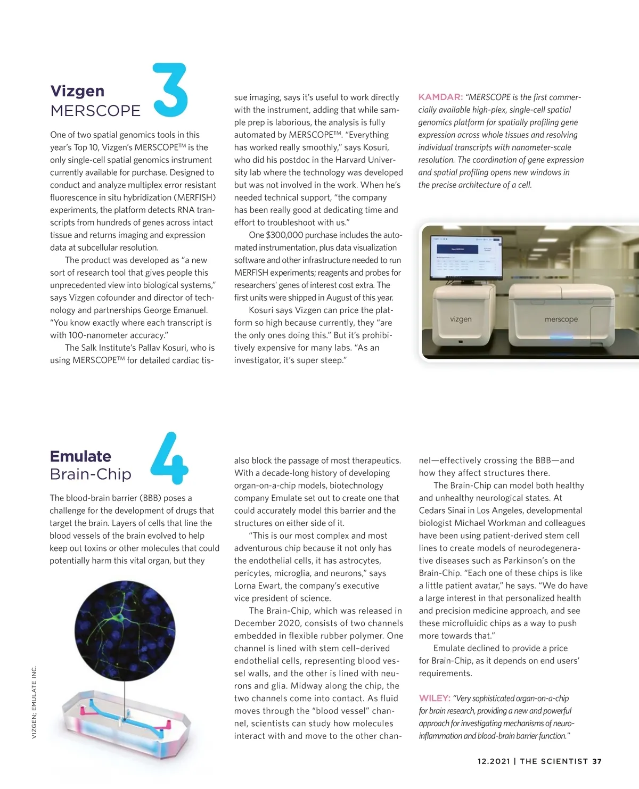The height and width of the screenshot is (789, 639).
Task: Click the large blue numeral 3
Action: click(170, 90)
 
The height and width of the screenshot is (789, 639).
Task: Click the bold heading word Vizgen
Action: click(77, 91)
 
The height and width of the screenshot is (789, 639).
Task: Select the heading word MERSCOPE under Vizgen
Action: click(95, 111)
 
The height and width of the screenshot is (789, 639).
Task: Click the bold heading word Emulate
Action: click(80, 456)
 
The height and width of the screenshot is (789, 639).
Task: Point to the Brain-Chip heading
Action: click(91, 474)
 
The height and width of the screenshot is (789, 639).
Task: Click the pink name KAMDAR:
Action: click(440, 97)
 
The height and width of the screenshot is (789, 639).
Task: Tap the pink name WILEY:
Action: click(435, 698)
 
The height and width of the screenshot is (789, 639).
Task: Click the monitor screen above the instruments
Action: click(466, 257)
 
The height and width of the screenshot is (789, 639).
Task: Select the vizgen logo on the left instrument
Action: click(461, 319)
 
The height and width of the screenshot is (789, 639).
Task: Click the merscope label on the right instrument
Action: click(561, 319)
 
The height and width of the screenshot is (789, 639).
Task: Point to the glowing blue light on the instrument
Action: click(561, 337)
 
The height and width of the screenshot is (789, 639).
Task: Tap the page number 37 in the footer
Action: click(597, 761)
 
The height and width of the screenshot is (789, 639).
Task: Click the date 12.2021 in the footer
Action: click(494, 761)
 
